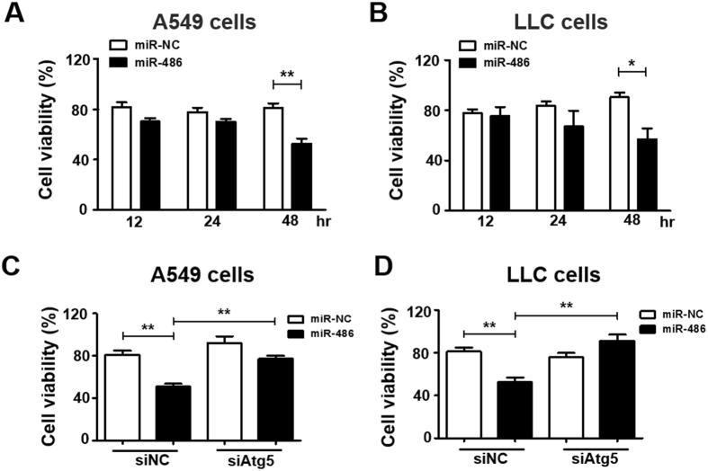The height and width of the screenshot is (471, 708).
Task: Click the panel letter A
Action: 15,15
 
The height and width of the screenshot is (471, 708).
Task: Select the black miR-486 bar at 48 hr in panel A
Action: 300,176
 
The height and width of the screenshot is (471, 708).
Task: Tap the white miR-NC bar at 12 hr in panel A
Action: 121,158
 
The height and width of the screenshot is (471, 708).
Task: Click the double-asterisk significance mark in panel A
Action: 287,74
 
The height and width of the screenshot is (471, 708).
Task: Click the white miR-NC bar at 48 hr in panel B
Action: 618,153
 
